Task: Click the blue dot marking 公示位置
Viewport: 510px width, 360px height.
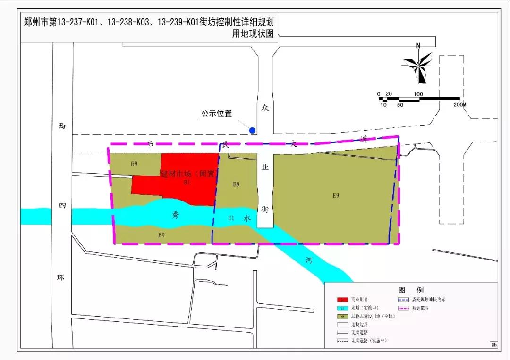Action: pyautogui.click(x=253, y=130)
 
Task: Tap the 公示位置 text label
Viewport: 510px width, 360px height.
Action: pyautogui.click(x=217, y=114)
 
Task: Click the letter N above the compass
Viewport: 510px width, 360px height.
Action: pyautogui.click(x=418, y=46)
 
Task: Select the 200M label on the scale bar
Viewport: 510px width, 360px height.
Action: pyautogui.click(x=459, y=104)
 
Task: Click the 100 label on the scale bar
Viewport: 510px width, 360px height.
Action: pyautogui.click(x=418, y=94)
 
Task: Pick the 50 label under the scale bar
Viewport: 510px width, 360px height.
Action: pyautogui.click(x=400, y=105)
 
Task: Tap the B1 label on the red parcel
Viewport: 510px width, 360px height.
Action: pyautogui.click(x=187, y=183)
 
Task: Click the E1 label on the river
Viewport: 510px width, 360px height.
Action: pyautogui.click(x=231, y=218)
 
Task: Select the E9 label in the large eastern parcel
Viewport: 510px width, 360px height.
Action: pyautogui.click(x=335, y=195)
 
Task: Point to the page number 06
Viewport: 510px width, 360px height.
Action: pyautogui.click(x=493, y=345)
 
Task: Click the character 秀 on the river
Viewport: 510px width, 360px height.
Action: pyautogui.click(x=175, y=215)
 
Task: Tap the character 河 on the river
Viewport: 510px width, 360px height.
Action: pyautogui.click(x=308, y=260)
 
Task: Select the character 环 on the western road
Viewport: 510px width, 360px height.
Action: pyautogui.click(x=61, y=277)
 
